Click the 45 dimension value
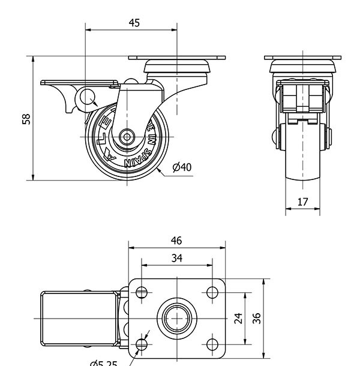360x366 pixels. [x=134, y=23]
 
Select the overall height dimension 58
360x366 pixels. [x=26, y=118]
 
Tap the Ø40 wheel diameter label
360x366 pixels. [x=181, y=167]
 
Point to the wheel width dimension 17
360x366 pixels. [x=302, y=202]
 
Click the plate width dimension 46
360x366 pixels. [x=176, y=241]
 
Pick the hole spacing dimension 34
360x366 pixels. [x=176, y=258]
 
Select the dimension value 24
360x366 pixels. [x=238, y=318]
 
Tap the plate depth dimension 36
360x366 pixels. [x=257, y=318]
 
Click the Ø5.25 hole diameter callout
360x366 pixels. [x=103, y=362]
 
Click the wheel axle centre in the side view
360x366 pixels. [x=127, y=137]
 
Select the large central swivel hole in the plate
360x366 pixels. [x=176, y=318]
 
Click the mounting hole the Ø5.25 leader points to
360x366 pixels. [x=142, y=344]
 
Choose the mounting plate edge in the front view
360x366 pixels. [x=302, y=58]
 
